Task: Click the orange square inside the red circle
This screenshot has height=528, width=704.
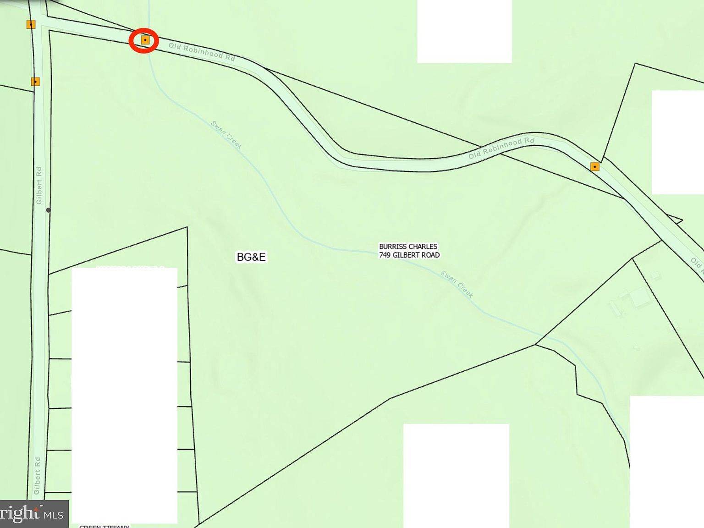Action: click(x=145, y=40)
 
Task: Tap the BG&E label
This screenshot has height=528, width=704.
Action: click(x=251, y=257)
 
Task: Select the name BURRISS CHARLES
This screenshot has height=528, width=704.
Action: click(x=408, y=247)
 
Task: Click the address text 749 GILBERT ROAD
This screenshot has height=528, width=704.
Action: click(x=409, y=255)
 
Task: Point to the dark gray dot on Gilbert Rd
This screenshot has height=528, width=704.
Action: click(x=49, y=210)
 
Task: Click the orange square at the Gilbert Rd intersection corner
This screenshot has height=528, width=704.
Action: click(x=31, y=24)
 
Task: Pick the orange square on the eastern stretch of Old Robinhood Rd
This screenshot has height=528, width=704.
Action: click(x=595, y=166)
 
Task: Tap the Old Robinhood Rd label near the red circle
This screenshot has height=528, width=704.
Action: click(x=202, y=51)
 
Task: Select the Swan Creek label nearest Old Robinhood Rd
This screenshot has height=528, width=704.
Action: click(x=226, y=135)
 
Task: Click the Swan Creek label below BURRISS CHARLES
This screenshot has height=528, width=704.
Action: click(x=456, y=284)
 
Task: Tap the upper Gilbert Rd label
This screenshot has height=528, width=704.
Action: click(x=39, y=186)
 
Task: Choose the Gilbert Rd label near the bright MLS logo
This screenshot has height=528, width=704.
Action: click(x=37, y=476)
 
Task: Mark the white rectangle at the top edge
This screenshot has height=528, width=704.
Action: click(x=464, y=31)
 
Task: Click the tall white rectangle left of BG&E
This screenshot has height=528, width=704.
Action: click(x=124, y=394)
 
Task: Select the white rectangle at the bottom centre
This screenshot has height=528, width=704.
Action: click(x=456, y=476)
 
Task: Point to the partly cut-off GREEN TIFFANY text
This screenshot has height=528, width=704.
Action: click(x=104, y=526)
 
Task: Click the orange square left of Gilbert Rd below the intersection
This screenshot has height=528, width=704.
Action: click(x=35, y=82)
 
